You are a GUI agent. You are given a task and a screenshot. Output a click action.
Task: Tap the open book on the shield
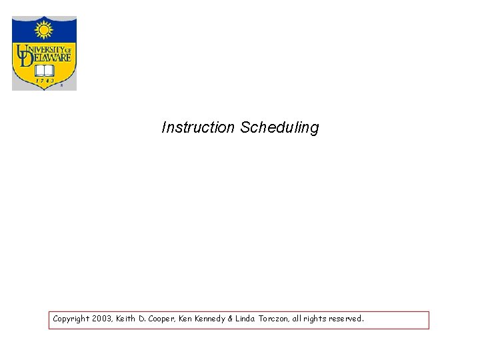(x=44, y=69)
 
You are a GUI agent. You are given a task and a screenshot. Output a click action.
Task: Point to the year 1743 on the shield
(x=45, y=81)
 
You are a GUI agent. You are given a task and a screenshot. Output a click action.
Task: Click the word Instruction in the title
(x=198, y=127)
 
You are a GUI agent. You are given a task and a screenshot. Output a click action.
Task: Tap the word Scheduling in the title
(x=279, y=127)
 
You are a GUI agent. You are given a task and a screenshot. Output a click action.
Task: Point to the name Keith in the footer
(x=127, y=319)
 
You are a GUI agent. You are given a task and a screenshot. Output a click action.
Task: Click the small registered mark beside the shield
(x=62, y=85)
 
